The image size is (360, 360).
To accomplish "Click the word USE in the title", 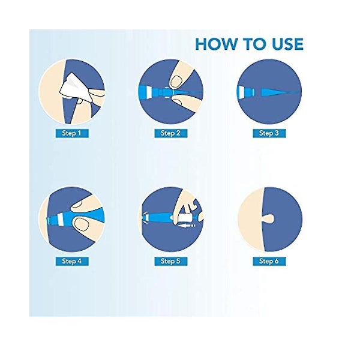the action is pyautogui.click(x=287, y=44).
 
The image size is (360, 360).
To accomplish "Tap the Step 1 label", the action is pyautogui.click(x=71, y=133).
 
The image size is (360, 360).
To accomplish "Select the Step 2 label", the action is pyautogui.click(x=170, y=133).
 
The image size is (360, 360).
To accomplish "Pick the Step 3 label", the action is pyautogui.click(x=269, y=133).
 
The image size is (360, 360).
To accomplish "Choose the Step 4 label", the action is pyautogui.click(x=71, y=261).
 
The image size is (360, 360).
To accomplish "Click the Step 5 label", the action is pyautogui.click(x=170, y=261).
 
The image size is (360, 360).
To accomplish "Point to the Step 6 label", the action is pyautogui.click(x=269, y=261).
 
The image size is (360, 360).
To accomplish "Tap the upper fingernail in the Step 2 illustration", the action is pyautogui.click(x=177, y=82).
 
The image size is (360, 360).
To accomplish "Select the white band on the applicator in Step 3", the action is pyautogui.click(x=242, y=92).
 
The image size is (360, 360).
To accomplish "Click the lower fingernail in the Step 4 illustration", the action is pyautogui.click(x=82, y=224).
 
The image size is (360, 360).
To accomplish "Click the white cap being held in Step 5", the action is pyautogui.click(x=185, y=218).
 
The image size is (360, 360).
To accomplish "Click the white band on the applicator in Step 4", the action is pyautogui.click(x=61, y=220).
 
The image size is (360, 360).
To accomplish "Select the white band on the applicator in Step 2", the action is pyautogui.click(x=148, y=92).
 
